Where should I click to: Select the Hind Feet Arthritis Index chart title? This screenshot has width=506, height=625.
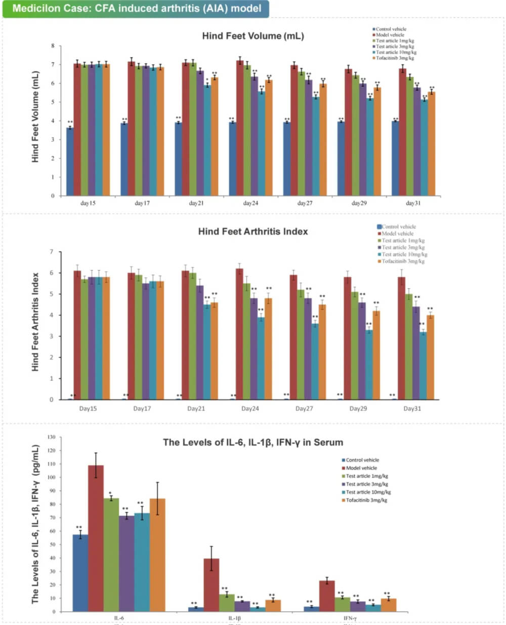click(252, 231)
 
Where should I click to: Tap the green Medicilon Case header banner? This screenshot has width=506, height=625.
click(136, 9)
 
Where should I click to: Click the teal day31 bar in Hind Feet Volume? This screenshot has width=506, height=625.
click(424, 147)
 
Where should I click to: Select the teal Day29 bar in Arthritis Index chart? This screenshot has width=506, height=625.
click(369, 365)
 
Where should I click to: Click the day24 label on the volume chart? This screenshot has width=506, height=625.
click(250, 203)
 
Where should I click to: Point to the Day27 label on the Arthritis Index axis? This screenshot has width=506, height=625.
click(304, 408)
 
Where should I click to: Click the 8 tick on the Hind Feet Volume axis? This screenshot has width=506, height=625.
click(53, 46)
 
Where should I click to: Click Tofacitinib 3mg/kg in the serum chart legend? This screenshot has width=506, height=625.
click(366, 500)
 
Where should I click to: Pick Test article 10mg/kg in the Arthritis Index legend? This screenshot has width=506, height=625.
click(404, 254)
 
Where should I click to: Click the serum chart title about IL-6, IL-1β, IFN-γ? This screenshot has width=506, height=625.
click(252, 442)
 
